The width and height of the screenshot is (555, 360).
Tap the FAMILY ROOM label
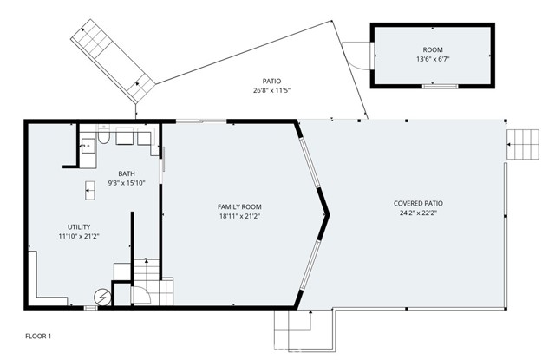tap(239, 206)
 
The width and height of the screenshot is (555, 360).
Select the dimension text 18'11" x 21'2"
tap(239, 216)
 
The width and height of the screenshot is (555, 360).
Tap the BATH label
tap(127, 173)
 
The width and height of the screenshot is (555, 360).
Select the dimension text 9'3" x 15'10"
tap(127, 183)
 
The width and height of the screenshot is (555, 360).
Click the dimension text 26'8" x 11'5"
tap(271, 89)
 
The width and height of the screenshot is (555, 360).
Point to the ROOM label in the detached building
tap(432, 50)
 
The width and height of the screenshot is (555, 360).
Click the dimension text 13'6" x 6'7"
tap(432, 60)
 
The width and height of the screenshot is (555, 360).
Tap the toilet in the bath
tap(103, 137)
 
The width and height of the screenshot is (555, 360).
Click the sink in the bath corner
tap(87, 146)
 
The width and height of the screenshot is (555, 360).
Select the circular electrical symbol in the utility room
tap(101, 297)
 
